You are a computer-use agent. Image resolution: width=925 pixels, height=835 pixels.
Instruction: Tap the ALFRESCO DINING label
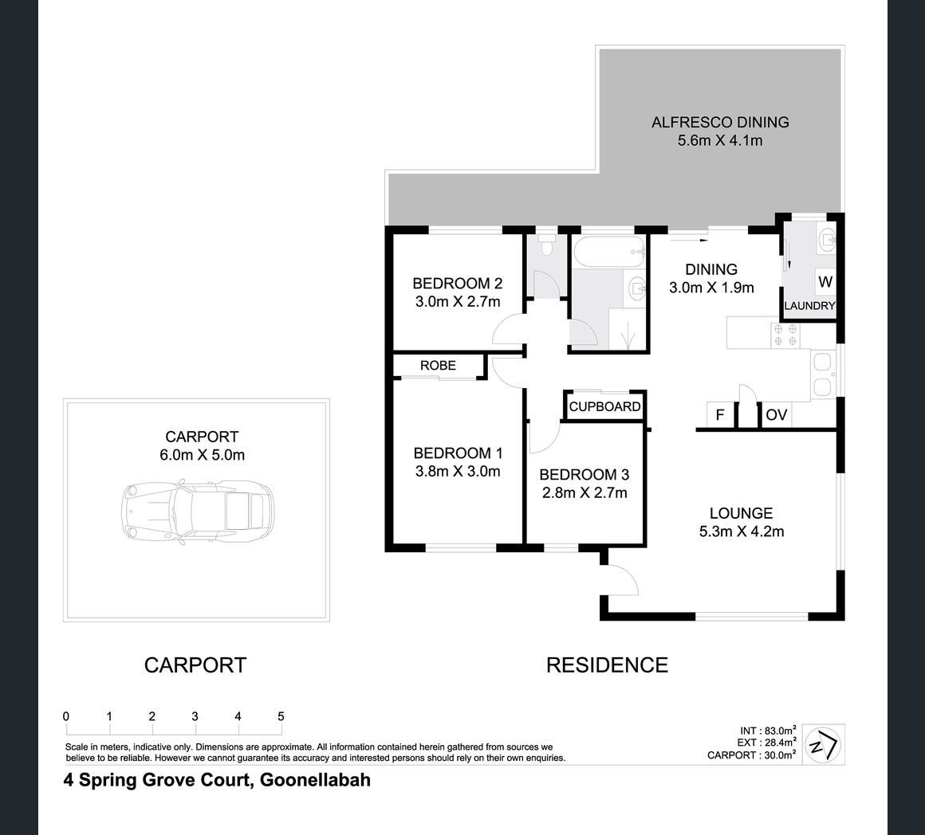coord(720,122)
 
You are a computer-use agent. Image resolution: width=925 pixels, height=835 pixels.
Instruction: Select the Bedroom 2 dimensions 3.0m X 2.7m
coord(458,302)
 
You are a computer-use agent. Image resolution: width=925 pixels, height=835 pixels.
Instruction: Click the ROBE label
coord(438,366)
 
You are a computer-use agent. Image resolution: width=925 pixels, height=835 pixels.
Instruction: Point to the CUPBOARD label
coord(604,406)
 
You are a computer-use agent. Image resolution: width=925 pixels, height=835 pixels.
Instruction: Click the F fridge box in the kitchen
coord(720,414)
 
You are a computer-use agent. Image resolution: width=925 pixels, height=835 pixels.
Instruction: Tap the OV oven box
coord(777,414)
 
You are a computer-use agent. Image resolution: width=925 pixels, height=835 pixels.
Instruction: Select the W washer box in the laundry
coord(825,282)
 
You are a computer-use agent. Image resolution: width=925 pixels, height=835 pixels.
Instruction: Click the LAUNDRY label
coord(809,306)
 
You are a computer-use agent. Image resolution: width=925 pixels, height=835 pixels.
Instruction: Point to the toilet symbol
coord(546,245)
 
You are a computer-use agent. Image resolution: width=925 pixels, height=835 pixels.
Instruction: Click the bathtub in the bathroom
coord(609,253)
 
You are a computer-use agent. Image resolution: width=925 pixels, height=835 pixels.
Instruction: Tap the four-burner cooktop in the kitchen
coord(785,335)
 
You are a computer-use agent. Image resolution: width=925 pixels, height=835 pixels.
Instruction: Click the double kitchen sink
coord(822,374)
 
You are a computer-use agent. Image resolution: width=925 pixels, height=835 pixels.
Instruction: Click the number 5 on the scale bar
coord(281,716)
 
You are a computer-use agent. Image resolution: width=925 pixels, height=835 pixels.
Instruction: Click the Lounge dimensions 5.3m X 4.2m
coord(742,531)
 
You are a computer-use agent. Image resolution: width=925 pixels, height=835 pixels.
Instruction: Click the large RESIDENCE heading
coord(607,664)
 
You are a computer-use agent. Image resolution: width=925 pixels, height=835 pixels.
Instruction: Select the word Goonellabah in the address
coord(316,779)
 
